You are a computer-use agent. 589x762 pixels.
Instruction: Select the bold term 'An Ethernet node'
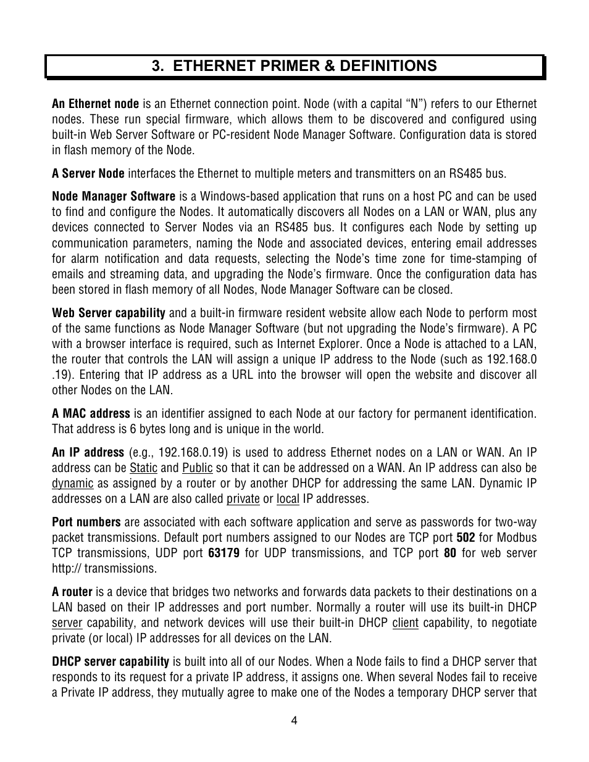click(95, 104)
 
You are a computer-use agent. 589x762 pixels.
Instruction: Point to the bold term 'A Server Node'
click(88, 173)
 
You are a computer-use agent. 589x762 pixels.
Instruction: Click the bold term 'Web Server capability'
click(108, 313)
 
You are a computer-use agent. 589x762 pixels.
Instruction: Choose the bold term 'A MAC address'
click(91, 413)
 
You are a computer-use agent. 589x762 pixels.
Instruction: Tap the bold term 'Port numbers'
click(86, 522)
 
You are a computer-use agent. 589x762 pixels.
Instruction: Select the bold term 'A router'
click(72, 592)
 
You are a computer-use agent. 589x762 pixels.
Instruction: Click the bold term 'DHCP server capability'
click(110, 661)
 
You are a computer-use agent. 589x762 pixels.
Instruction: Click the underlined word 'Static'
click(143, 468)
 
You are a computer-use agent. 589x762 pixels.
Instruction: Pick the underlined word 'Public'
click(197, 468)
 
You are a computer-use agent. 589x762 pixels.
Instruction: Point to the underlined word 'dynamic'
click(72, 483)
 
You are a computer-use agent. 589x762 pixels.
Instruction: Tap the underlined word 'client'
click(405, 623)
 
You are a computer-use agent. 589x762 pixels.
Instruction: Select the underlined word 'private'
click(243, 499)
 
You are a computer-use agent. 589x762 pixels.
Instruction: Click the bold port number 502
click(466, 537)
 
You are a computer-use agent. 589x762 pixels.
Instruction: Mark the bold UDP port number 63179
click(223, 553)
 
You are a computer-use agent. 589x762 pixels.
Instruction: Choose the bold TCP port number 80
click(450, 553)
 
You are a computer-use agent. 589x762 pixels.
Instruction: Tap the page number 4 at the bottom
click(294, 721)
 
